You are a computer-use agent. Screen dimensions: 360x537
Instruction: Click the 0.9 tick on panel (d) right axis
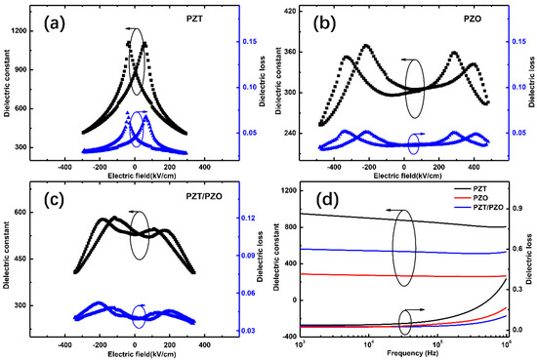coord(519,209)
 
